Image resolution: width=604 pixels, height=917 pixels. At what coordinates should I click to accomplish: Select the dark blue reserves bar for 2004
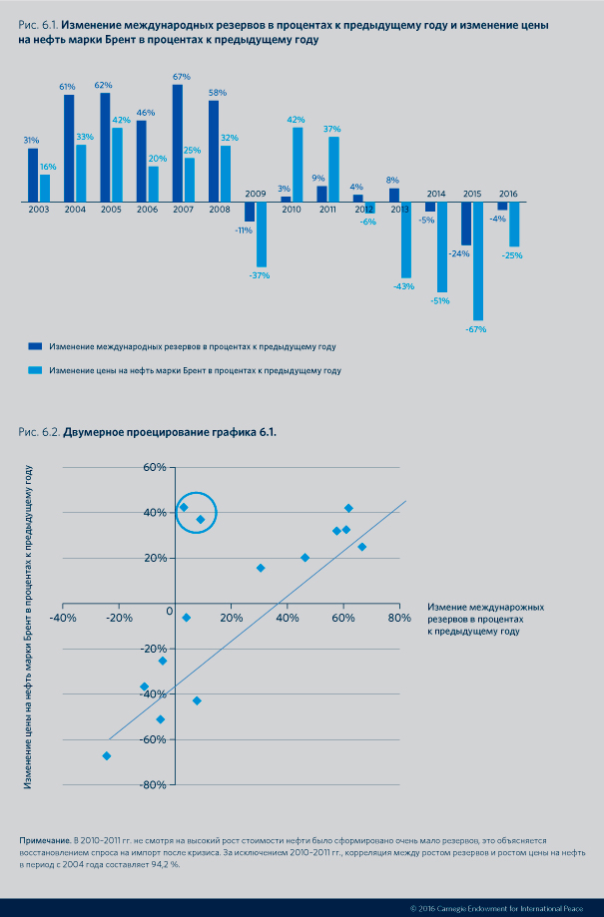pos(69,149)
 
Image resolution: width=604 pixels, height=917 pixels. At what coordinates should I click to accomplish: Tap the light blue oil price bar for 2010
pos(298,165)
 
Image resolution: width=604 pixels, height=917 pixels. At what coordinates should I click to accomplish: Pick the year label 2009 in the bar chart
pos(255,194)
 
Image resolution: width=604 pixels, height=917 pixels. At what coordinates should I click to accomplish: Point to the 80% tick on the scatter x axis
pos(399,618)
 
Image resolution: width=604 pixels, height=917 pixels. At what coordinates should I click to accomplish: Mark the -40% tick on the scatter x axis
pos(62,618)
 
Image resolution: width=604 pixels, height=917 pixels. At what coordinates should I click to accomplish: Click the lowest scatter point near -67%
pos(107,755)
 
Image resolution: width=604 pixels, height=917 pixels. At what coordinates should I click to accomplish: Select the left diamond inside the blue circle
pos(184,507)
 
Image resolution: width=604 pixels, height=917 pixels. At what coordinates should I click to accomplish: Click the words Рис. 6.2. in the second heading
pos(40,432)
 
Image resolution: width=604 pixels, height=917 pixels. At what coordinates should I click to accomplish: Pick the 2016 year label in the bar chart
pos(507,194)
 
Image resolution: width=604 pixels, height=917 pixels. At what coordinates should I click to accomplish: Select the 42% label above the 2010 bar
pos(297,120)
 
